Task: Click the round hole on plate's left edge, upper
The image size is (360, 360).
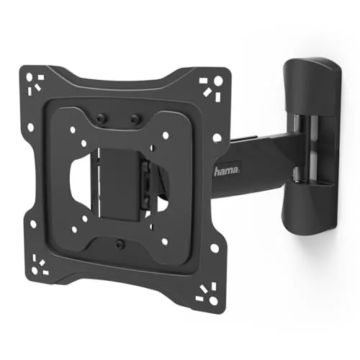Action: (31, 128)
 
